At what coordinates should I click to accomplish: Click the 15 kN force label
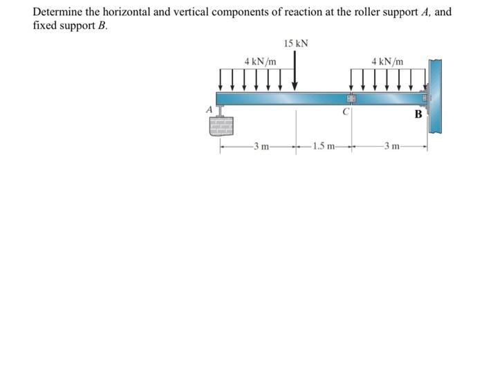[296, 44]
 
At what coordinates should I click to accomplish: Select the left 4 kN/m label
[261, 62]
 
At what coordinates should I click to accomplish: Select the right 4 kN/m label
[387, 62]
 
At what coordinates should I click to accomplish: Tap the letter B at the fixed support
[418, 114]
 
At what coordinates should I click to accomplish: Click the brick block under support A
[221, 125]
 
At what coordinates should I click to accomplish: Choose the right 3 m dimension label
[391, 146]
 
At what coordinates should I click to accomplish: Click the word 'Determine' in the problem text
[58, 12]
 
